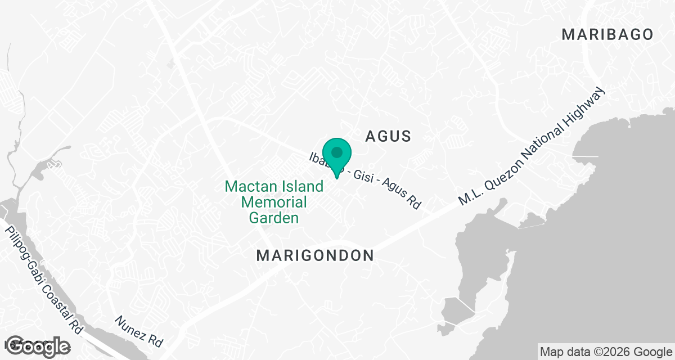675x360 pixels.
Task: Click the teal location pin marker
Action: (x=337, y=157)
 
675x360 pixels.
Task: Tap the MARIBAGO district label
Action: (x=608, y=35)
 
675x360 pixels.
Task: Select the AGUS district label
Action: (x=389, y=136)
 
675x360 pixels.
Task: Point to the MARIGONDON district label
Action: (x=315, y=256)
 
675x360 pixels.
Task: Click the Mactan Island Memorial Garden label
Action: (x=274, y=202)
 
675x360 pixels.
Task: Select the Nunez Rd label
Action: (x=139, y=331)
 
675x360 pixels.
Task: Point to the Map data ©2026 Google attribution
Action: (x=605, y=352)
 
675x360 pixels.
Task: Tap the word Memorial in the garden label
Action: (x=274, y=202)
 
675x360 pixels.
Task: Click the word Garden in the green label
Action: (x=274, y=218)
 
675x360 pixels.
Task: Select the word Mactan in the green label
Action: (x=246, y=186)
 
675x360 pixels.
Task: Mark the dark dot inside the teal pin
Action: (x=337, y=152)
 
